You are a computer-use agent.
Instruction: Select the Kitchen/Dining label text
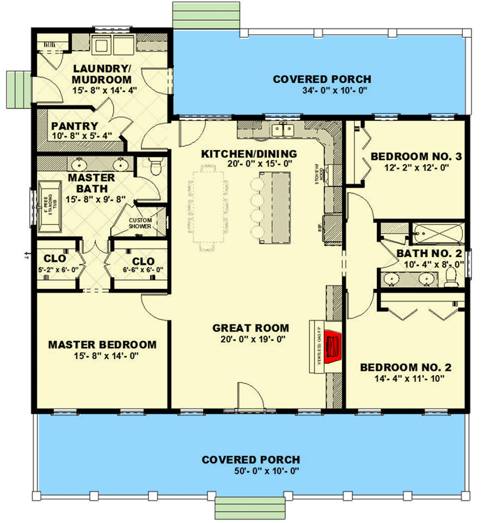249,154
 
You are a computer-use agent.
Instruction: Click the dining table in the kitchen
209,207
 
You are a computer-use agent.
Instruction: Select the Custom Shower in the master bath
145,223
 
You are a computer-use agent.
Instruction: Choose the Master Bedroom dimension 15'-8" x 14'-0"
102,357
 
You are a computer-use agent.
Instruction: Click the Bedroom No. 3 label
416,156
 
